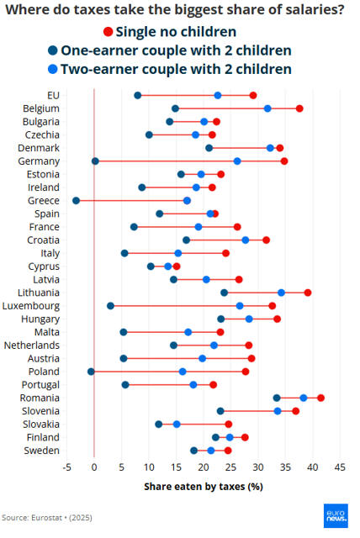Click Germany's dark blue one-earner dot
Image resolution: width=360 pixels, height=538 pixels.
(95, 161)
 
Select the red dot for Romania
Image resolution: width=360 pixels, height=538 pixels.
(320, 398)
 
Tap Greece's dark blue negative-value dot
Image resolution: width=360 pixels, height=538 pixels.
(77, 201)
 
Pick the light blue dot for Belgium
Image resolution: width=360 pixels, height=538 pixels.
(267, 108)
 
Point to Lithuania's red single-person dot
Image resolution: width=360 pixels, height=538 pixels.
(308, 293)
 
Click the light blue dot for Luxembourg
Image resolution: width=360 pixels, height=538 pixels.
(240, 306)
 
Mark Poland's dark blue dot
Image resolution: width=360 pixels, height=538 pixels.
(91, 372)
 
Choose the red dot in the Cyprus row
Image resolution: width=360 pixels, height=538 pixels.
(177, 266)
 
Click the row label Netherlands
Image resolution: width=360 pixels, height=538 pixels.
(32, 345)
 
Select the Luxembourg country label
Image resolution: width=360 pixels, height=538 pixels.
(31, 306)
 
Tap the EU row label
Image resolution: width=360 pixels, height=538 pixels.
(53, 95)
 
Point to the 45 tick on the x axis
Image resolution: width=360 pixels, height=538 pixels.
(340, 467)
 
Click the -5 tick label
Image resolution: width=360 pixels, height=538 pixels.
(67, 467)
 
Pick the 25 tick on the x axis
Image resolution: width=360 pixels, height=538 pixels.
(231, 467)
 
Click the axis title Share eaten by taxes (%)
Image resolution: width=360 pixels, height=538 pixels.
(204, 487)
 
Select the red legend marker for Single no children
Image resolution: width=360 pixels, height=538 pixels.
(109, 32)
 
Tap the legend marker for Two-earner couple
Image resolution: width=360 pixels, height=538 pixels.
(53, 69)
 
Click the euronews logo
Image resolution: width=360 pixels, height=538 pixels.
(336, 515)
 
